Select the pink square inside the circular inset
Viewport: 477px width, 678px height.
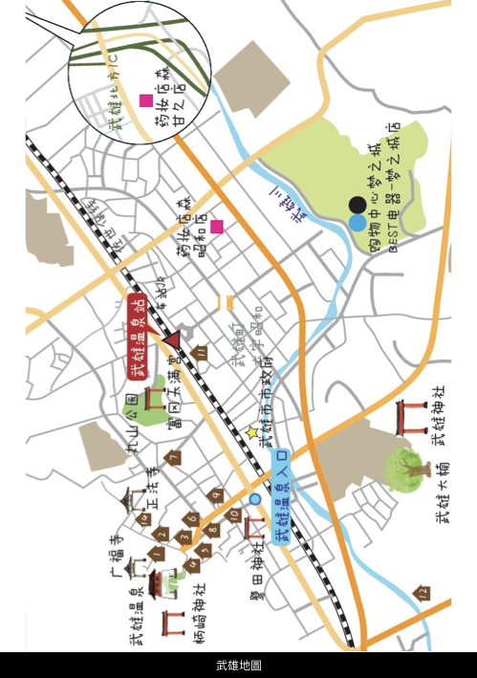[146, 100]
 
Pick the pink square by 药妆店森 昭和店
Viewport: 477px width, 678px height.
[218, 227]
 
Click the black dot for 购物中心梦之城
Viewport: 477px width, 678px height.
[356, 204]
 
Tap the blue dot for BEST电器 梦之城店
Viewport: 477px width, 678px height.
[357, 223]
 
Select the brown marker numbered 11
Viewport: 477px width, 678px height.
[202, 352]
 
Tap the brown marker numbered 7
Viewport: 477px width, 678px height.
[172, 458]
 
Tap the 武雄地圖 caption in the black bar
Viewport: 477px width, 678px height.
[238, 665]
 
